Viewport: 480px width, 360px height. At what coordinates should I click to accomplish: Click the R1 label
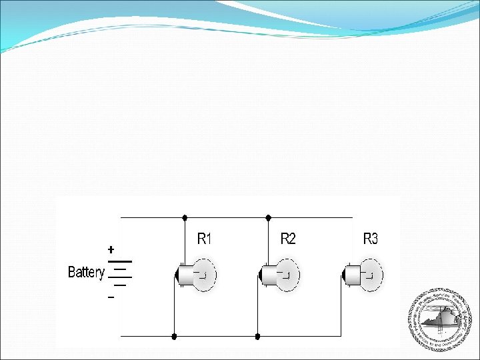(205, 239)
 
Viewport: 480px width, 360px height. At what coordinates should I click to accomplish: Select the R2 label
(288, 239)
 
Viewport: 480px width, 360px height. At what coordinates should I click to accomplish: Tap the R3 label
(371, 239)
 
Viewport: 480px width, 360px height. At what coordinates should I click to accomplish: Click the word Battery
(86, 272)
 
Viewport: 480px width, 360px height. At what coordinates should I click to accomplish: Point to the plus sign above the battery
(111, 249)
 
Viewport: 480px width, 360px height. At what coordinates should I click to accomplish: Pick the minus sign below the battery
(111, 297)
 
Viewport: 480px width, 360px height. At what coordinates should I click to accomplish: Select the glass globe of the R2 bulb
(285, 274)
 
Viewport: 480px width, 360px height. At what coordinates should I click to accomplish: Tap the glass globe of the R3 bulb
(369, 274)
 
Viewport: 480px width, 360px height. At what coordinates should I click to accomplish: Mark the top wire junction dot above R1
(185, 217)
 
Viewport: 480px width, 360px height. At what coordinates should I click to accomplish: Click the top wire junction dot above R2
(268, 217)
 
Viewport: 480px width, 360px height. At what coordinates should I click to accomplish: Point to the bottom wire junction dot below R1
(174, 337)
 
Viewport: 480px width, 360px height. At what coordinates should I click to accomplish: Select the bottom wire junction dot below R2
(257, 337)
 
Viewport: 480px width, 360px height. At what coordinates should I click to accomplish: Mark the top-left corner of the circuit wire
(120, 217)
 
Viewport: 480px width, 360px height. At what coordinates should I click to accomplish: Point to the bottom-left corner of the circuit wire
(120, 337)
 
